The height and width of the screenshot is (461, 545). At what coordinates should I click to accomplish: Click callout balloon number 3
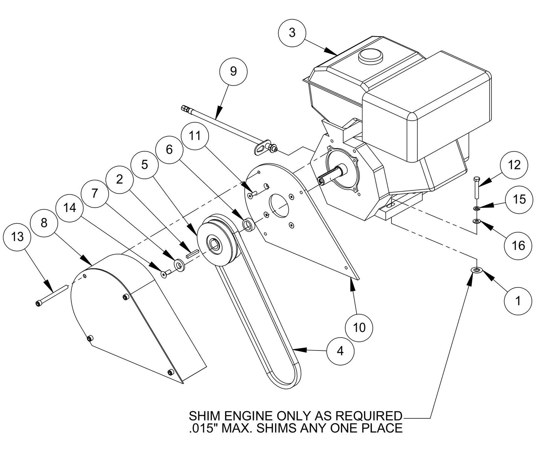292,33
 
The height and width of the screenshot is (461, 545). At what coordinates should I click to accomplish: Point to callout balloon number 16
519,246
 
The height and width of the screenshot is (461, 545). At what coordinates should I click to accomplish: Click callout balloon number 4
340,351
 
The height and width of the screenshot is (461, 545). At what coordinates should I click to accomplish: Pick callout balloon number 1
518,301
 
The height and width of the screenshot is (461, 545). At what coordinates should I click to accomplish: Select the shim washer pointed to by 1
477,270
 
